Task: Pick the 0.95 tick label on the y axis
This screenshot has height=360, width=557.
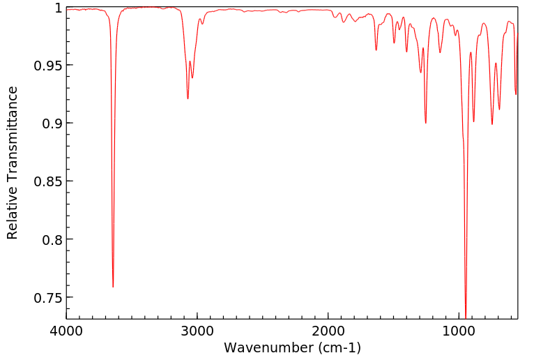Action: (x=47, y=66)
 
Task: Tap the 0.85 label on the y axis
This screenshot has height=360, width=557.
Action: (x=47, y=181)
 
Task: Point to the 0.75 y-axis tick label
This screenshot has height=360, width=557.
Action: (x=47, y=297)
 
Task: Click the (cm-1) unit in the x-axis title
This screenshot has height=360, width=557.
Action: (x=338, y=347)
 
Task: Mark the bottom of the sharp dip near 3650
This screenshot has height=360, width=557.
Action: (x=113, y=287)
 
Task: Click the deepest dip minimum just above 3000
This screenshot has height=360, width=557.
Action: (x=188, y=98)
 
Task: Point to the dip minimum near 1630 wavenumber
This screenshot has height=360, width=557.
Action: (x=376, y=50)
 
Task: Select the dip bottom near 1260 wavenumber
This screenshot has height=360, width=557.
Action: (x=425, y=123)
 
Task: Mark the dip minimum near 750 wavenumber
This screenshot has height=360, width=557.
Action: (x=492, y=124)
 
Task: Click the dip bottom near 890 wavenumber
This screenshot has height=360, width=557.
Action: (x=474, y=121)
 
